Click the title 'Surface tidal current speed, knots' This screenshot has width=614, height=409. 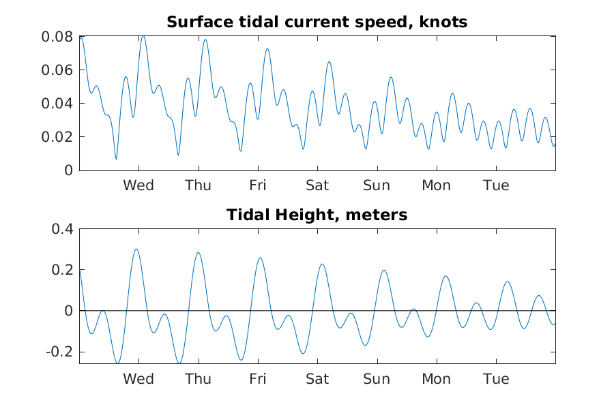[x=317, y=22]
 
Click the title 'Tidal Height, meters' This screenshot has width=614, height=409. [x=317, y=215]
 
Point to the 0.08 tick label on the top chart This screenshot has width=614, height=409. [x=57, y=37]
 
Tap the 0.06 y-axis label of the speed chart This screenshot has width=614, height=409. [x=57, y=70]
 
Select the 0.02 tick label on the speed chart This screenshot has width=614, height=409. [x=57, y=137]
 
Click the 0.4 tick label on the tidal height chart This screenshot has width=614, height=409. [x=62, y=229]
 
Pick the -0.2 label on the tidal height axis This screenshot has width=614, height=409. [x=59, y=352]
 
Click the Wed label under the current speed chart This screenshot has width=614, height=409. [x=138, y=185]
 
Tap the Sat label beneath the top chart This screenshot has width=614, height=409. [x=317, y=185]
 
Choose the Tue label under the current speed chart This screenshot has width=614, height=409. [x=496, y=185]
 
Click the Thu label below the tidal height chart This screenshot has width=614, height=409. [x=198, y=379]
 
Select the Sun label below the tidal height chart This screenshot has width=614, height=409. [x=377, y=379]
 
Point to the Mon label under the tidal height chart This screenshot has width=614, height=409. [x=436, y=379]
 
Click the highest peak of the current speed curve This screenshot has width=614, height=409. [x=143, y=35]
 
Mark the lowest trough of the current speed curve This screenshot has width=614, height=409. [x=116, y=159]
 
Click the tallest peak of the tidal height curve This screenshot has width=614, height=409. [x=136, y=249]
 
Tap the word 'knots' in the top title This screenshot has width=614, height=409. [x=443, y=22]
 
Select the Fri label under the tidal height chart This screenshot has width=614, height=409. [x=258, y=379]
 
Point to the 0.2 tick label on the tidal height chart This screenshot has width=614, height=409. [x=62, y=270]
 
